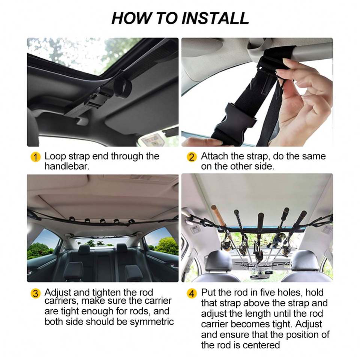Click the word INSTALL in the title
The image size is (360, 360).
tap(215, 18)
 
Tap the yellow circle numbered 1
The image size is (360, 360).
tap(35, 157)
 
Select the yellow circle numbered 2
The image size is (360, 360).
tap(192, 157)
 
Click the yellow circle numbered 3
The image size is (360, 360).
tap(35, 293)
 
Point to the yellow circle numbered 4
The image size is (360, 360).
tap(192, 293)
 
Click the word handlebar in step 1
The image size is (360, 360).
tap(67, 166)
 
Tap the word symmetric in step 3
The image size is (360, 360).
tap(152, 322)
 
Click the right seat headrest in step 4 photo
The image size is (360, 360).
tap(305, 261)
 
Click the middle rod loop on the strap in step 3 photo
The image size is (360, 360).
tap(102, 221)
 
